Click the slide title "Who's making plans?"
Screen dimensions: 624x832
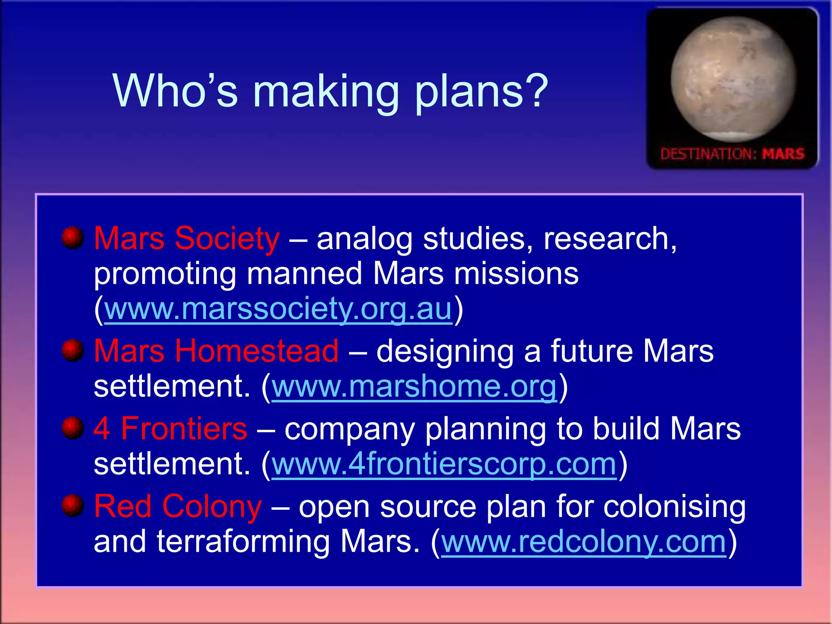[330, 91]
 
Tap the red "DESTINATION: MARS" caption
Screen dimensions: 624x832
[732, 154]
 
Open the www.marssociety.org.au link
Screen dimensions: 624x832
[278, 309]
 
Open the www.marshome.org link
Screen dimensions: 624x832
[414, 386]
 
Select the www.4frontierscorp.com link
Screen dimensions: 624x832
[444, 464]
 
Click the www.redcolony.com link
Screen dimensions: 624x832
[583, 542]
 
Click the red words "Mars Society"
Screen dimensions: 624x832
[186, 238]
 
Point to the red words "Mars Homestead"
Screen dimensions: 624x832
[216, 351]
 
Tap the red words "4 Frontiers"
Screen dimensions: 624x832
[170, 429]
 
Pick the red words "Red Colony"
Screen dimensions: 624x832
[178, 507]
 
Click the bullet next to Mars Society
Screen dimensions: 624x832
[73, 238]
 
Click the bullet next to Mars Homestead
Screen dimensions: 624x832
[73, 350]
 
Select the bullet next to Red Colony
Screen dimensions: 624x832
[73, 506]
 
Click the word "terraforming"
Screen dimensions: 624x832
[243, 542]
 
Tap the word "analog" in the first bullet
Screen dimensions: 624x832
[364, 239]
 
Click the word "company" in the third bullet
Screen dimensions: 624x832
[349, 430]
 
